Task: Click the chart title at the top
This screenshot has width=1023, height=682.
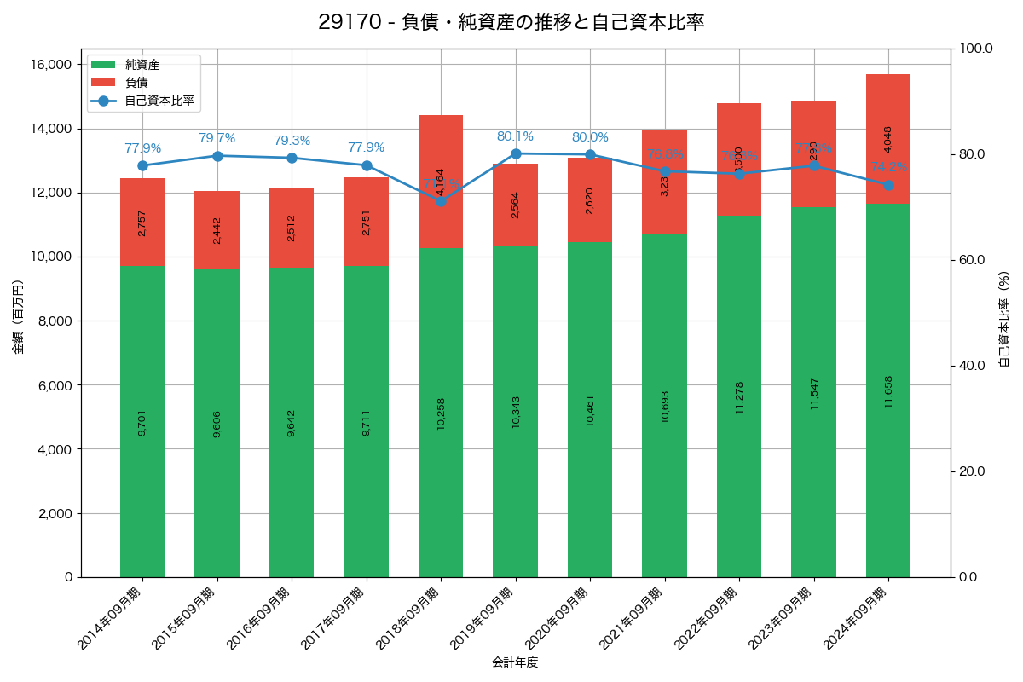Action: pos(511,22)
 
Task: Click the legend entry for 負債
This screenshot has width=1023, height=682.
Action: pos(136,83)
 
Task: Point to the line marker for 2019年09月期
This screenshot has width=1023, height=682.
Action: pos(516,153)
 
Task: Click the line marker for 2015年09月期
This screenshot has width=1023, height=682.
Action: pos(217,156)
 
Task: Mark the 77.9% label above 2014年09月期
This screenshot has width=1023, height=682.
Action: pos(142,148)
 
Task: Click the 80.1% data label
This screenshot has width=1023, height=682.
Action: pos(515,136)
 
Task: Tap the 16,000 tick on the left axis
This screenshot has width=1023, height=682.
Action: pos(50,65)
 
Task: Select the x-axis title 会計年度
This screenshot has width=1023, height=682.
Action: pos(515,662)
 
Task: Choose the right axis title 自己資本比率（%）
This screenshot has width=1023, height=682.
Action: pos(1004,320)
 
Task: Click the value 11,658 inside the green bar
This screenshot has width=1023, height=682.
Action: pos(888,391)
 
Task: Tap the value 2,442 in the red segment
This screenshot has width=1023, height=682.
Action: pos(217,230)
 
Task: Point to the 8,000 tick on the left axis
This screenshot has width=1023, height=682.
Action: pos(55,321)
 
